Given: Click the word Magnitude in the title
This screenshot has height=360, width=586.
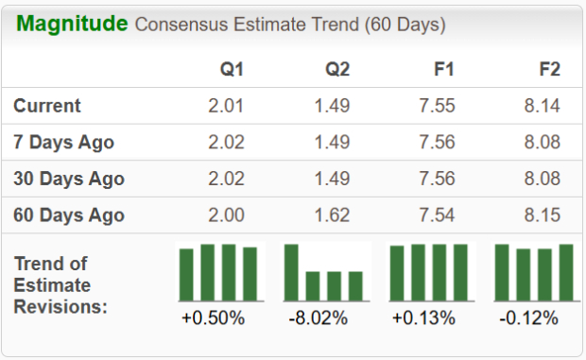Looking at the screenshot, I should coord(72,24).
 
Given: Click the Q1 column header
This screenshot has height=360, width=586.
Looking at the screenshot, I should coord(231,70).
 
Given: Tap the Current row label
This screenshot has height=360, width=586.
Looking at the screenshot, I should coord(47,106).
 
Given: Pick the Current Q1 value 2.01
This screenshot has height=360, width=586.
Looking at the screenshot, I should coord(226,106).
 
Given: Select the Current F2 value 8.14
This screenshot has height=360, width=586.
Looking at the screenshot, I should coord(542,106).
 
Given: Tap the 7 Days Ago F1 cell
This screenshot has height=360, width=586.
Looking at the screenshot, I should coord(437,142).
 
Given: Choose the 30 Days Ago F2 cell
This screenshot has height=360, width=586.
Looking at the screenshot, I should coord(542,178).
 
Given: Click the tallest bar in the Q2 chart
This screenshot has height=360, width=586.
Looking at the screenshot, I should coord(292,272).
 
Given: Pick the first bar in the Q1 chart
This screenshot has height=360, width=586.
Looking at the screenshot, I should coord(187,274).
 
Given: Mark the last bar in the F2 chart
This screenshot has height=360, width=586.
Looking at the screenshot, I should coord(566,272).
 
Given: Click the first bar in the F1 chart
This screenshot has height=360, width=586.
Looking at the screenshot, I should coord(397,273).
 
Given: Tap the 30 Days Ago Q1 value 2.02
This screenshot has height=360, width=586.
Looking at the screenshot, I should coord(226,178).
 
